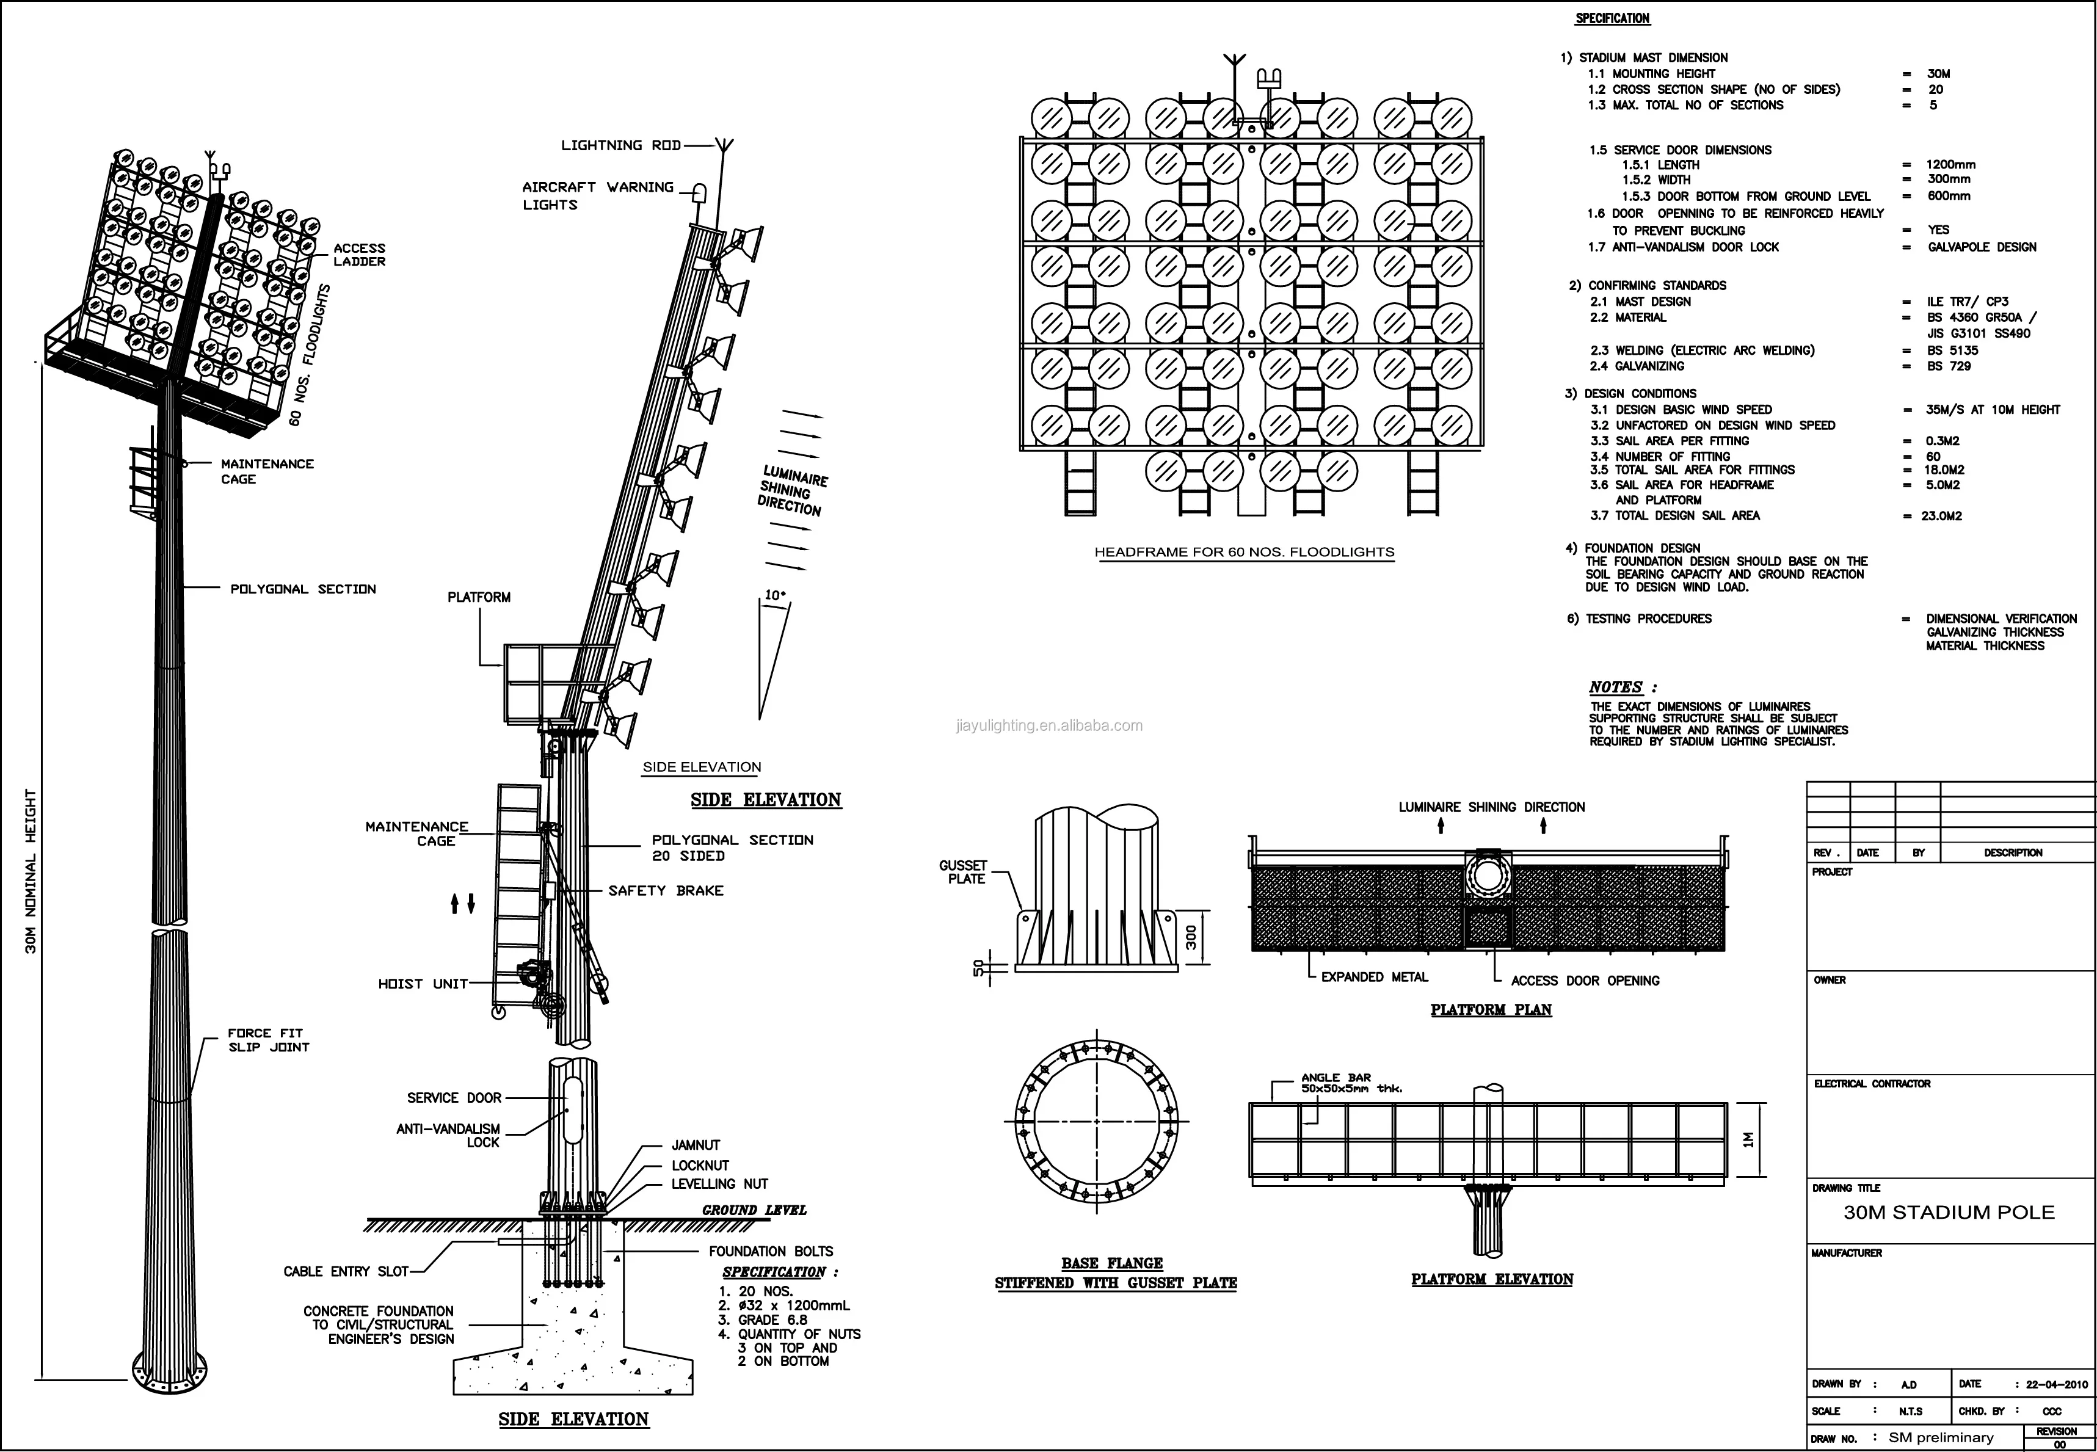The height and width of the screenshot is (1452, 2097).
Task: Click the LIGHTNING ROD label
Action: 620,145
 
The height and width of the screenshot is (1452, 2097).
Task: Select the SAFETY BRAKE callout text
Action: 666,891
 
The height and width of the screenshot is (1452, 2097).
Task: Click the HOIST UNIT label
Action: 423,984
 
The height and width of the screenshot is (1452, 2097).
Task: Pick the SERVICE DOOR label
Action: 454,1098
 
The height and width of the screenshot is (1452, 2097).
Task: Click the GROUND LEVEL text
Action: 754,1210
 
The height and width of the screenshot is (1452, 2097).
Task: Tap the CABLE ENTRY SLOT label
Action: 346,1271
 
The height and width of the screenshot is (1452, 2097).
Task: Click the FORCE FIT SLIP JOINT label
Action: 268,1040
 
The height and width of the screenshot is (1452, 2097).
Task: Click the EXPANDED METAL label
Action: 1375,977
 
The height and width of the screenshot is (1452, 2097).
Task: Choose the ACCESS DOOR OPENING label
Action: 1585,981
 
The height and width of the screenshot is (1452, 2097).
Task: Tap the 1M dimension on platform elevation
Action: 1748,1140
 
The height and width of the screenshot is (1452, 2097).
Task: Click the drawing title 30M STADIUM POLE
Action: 1949,1213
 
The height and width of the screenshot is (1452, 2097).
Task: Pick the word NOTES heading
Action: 1616,687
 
